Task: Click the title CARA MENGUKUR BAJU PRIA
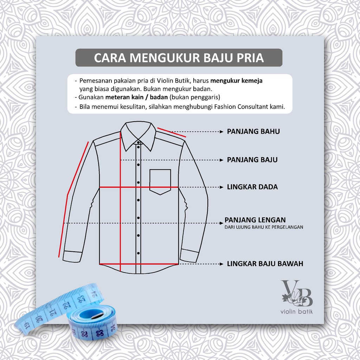[179, 58]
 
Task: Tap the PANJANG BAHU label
[253, 131]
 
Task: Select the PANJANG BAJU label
[252, 160]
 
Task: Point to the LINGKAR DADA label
[252, 187]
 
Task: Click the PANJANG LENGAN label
[255, 220]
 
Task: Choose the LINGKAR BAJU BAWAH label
[265, 264]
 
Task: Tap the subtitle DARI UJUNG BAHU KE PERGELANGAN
[264, 227]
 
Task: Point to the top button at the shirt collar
[139, 143]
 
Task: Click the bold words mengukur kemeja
[236, 81]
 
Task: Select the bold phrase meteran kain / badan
[136, 97]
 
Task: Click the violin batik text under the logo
[296, 311]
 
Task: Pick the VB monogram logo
[297, 293]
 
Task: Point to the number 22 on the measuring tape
[66, 305]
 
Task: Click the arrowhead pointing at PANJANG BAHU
[221, 132]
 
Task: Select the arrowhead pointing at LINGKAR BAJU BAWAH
[221, 264]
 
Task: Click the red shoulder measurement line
[172, 132]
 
